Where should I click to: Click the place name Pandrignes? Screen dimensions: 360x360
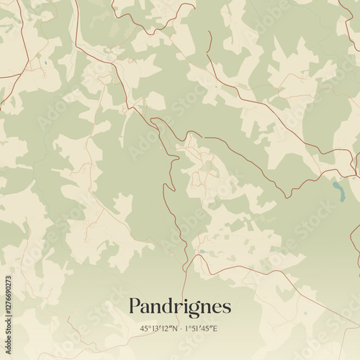(180, 306)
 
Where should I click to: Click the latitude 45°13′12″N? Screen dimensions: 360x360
(159, 329)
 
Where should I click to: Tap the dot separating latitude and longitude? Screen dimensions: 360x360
(180, 329)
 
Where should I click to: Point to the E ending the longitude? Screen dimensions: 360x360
(216, 329)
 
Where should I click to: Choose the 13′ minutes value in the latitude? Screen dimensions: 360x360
(156, 329)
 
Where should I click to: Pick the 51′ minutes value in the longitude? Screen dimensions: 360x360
(197, 329)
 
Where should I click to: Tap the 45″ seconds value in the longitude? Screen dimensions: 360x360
(207, 329)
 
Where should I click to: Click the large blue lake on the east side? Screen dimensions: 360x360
(338, 189)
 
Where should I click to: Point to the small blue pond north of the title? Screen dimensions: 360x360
(202, 251)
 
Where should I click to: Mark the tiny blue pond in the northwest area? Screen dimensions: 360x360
(44, 64)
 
